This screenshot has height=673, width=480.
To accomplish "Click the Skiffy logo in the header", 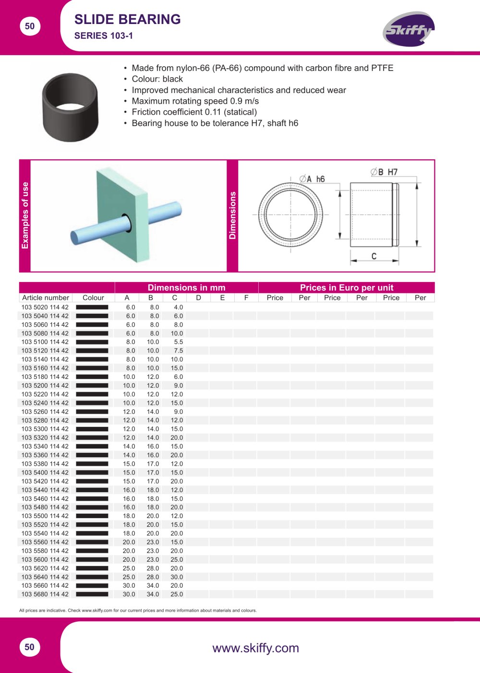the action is [408, 29].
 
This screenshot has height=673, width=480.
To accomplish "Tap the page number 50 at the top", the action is [30, 26].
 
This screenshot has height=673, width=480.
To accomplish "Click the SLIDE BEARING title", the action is [127, 19].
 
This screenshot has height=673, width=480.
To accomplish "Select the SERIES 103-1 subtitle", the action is [103, 36].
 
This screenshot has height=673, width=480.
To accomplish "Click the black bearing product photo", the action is [71, 107].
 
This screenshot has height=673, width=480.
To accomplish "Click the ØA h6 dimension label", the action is [312, 179].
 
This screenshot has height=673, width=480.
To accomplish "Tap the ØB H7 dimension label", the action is [384, 172].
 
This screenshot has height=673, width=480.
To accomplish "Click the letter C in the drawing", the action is [374, 256].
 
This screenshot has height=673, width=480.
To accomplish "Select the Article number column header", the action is [46, 298].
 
